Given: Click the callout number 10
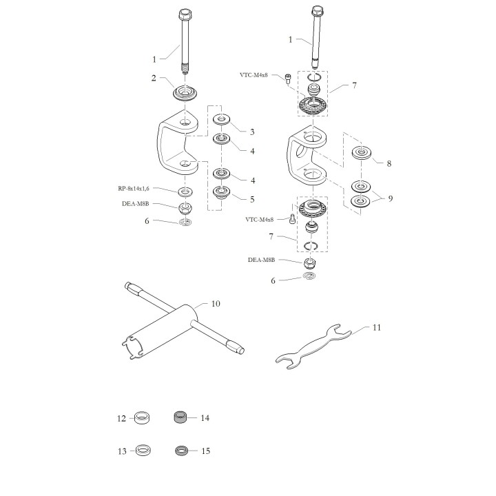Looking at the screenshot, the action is coord(216,304).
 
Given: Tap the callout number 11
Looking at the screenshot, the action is coord(376,327).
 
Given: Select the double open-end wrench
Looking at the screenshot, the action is coord(313,347).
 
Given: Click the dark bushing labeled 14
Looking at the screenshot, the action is coord(181,417).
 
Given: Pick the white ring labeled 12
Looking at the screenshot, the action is coord(142,418).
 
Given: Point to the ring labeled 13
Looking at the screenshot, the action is coord(143,450).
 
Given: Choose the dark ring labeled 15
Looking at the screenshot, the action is coord(182,451).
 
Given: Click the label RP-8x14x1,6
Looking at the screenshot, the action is coord(134,189).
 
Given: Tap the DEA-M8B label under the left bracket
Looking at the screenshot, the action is coord(136,204).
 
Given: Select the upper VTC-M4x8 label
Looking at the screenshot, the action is coord(254,75).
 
